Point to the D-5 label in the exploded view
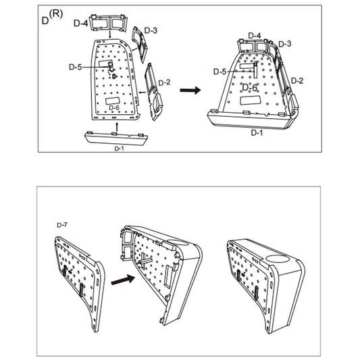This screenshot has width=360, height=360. (x=76, y=67)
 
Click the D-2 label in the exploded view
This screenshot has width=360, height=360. (x=164, y=82)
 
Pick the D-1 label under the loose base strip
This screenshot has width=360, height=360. (x=119, y=147)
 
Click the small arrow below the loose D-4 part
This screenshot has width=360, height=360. (x=111, y=34)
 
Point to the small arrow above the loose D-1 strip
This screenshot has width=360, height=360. (x=117, y=125)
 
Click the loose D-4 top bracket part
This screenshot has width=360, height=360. (x=111, y=21)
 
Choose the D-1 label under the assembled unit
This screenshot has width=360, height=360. (x=257, y=132)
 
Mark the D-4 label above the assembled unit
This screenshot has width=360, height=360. (x=254, y=35)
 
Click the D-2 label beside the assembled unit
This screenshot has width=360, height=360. (x=297, y=80)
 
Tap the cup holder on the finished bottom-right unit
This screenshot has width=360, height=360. (x=278, y=259)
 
